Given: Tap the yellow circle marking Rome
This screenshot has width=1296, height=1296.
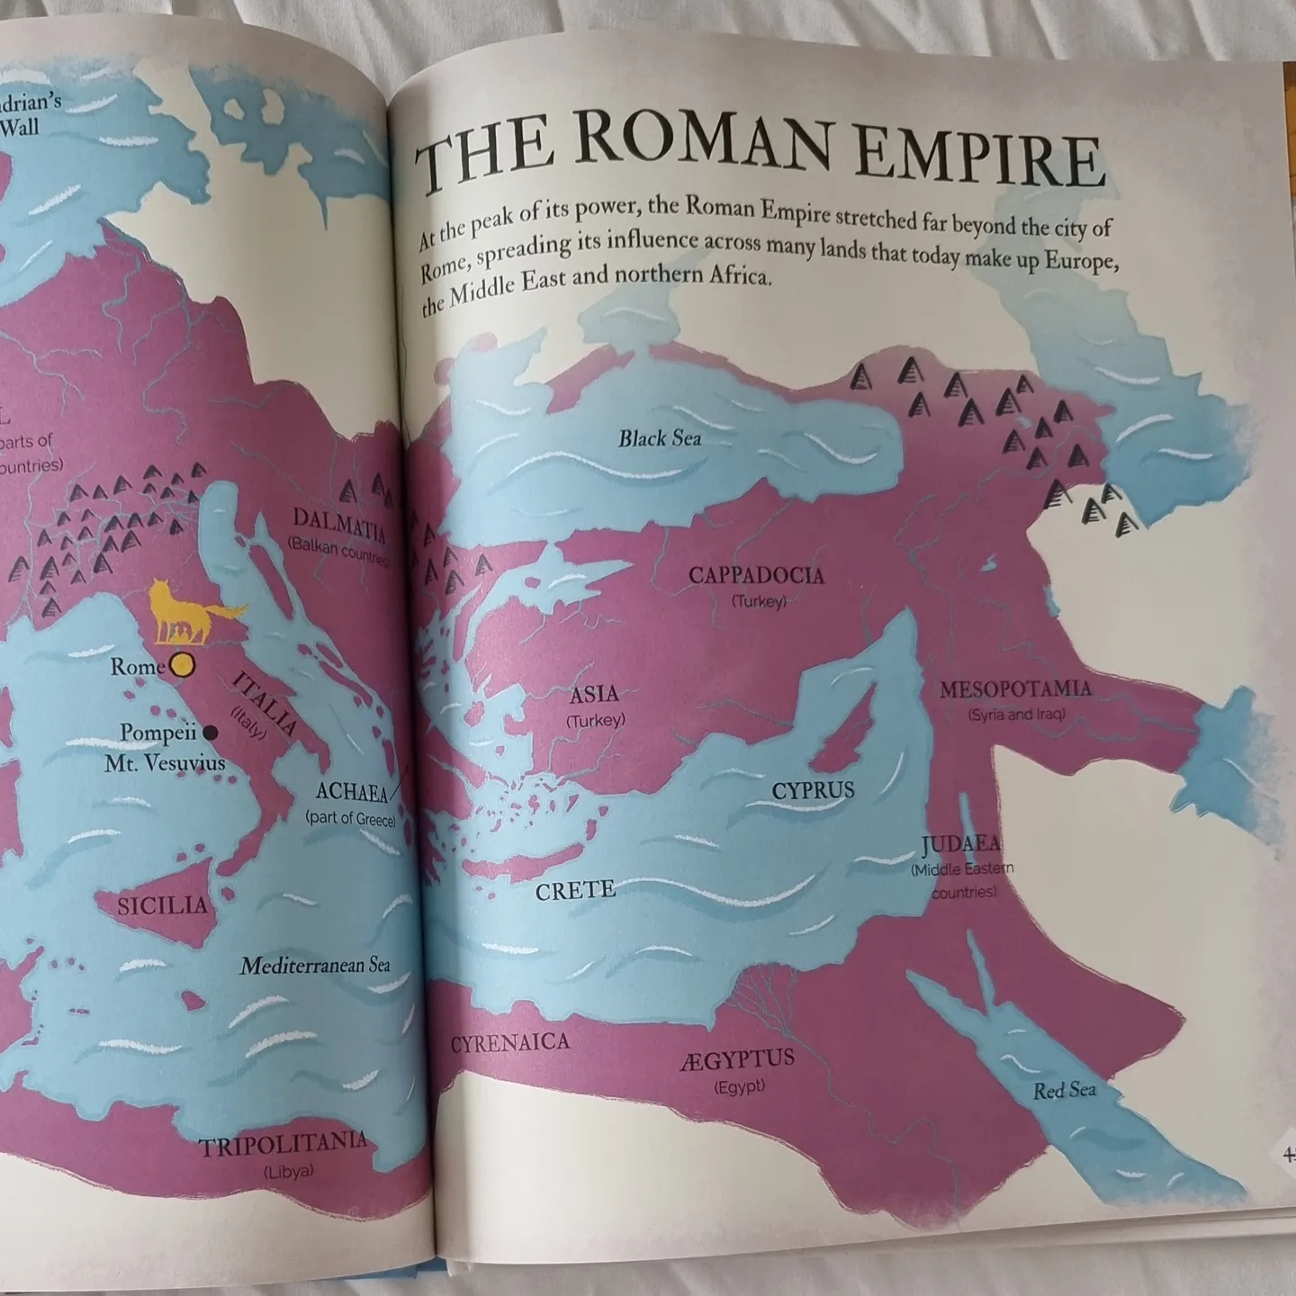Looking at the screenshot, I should pyautogui.click(x=182, y=665).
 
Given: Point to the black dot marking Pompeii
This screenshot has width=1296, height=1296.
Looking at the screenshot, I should pyautogui.click(x=211, y=733).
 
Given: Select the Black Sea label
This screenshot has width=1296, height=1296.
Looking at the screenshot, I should pyautogui.click(x=660, y=439).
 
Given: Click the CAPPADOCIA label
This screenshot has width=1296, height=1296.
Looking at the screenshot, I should pyautogui.click(x=756, y=575).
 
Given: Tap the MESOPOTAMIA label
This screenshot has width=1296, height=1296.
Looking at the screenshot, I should pyautogui.click(x=1015, y=690).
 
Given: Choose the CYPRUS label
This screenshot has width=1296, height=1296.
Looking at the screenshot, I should pyautogui.click(x=813, y=790).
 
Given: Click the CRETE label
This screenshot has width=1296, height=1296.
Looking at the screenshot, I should pyautogui.click(x=575, y=891).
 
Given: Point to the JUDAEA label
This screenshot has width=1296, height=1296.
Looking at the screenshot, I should pyautogui.click(x=961, y=844).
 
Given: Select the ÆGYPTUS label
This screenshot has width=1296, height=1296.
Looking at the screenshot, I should pyautogui.click(x=737, y=1059).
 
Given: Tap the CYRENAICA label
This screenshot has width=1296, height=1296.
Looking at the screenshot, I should pyautogui.click(x=509, y=1043).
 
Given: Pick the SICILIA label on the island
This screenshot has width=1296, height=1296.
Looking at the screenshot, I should pyautogui.click(x=162, y=905).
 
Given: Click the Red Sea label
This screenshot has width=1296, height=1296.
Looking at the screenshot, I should pyautogui.click(x=1064, y=1091).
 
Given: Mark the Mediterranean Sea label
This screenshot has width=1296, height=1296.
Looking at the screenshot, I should pyautogui.click(x=315, y=966).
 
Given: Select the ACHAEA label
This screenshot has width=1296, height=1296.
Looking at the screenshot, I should pyautogui.click(x=351, y=793).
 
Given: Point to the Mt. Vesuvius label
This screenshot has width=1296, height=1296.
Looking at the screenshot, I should pyautogui.click(x=165, y=764).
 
